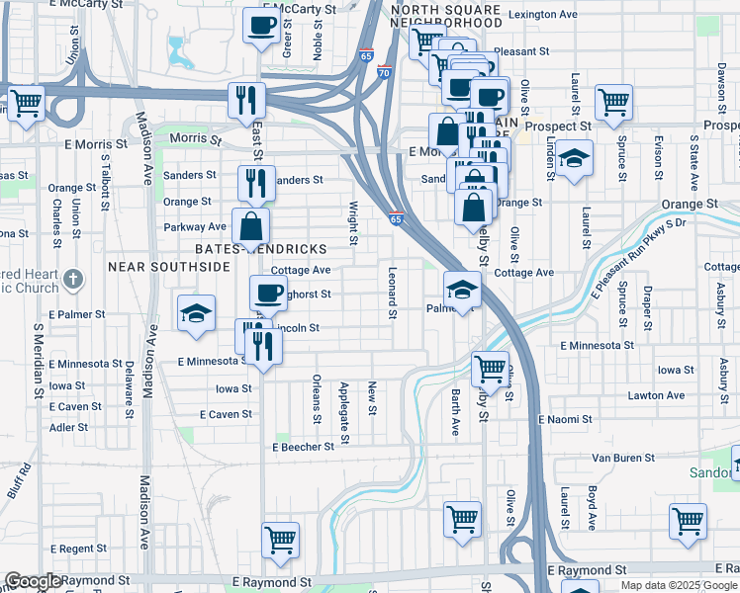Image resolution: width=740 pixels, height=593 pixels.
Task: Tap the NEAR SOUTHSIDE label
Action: click(168, 267)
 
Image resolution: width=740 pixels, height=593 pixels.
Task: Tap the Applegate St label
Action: click(344, 402)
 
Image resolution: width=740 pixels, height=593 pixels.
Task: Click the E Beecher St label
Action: click(304, 447)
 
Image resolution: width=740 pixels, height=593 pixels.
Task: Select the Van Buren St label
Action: click(623, 458)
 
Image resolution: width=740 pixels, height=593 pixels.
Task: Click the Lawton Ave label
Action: click(656, 395)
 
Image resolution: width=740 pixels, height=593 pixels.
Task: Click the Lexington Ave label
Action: click(541, 15)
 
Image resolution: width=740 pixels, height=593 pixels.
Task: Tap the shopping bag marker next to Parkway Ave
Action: click(252, 225)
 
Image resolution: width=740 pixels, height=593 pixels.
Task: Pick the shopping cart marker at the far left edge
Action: click(27, 102)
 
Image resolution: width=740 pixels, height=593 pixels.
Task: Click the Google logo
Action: click(33, 582)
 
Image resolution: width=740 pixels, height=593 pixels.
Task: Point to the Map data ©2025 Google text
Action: click(678, 585)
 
